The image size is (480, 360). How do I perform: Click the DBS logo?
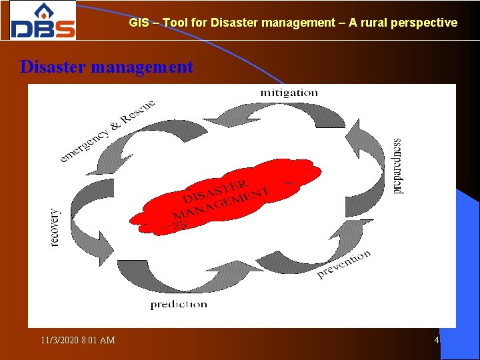pos(43,21)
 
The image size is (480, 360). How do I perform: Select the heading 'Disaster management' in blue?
pos(107,67)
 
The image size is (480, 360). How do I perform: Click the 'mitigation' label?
pos(289,93)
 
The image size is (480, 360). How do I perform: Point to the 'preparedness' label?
pos(398,166)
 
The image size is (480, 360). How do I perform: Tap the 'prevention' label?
pos(344,265)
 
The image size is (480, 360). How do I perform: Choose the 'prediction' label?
pos(179,305)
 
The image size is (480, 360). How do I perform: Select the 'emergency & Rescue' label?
pos(107,131)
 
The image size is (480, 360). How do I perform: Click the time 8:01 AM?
pos(98,341)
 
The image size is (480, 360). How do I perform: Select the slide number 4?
pos(437,341)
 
